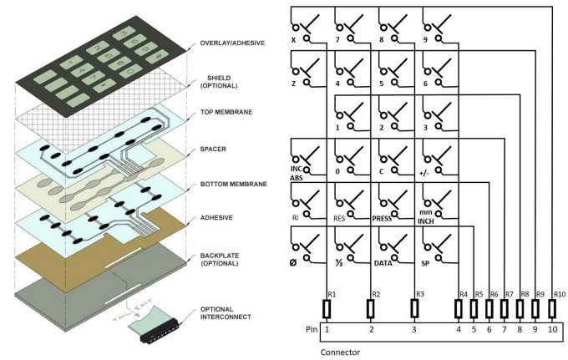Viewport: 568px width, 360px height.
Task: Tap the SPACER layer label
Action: [x=213, y=150]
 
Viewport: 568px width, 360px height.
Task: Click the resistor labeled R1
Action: [x=327, y=307]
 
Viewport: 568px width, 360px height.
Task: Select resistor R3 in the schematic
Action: [x=414, y=307]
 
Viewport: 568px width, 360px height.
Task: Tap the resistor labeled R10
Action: [x=552, y=307]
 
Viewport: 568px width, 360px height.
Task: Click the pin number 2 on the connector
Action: [x=371, y=331]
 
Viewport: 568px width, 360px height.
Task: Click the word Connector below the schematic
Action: [x=341, y=352]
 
